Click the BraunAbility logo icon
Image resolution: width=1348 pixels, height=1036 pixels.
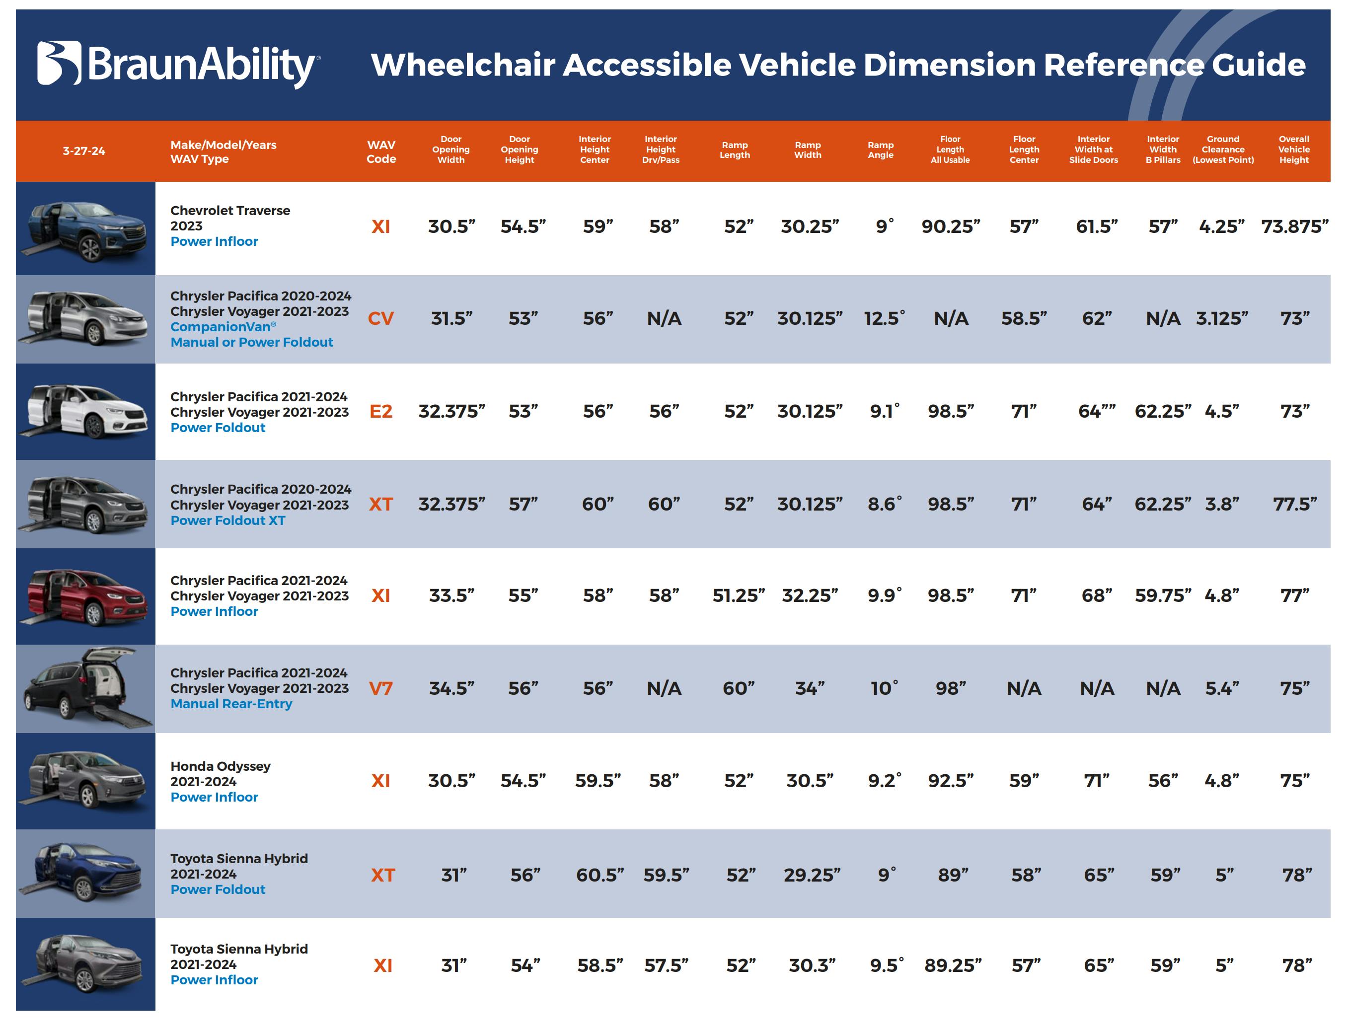(59, 63)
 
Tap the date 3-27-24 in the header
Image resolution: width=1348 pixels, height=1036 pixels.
(84, 151)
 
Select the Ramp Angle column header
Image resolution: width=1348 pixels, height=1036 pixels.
(880, 150)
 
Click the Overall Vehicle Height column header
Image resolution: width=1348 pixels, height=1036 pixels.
(1293, 150)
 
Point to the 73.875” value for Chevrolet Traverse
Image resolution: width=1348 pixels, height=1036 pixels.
(1294, 227)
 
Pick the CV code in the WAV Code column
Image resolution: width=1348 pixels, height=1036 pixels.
(380, 319)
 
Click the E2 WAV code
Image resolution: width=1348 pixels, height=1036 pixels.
(380, 411)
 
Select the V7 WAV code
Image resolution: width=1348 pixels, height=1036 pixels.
(380, 688)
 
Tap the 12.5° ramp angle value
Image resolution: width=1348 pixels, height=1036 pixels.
(884, 319)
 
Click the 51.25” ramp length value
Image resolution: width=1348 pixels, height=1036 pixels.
(738, 595)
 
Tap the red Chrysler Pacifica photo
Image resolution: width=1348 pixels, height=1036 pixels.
(86, 596)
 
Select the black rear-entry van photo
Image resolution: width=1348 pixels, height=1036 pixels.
(86, 688)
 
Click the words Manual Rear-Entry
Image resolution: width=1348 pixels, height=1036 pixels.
(231, 704)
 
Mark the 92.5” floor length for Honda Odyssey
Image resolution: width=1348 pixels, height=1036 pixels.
(950, 781)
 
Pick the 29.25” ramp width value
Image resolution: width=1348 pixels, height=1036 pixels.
(812, 875)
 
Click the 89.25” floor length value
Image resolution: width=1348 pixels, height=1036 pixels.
(952, 965)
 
